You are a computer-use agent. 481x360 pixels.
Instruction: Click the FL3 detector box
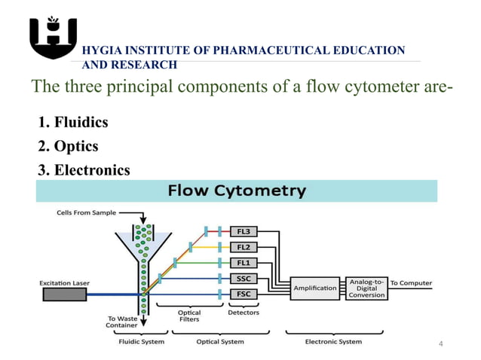243,231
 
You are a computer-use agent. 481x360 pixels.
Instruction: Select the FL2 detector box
243,246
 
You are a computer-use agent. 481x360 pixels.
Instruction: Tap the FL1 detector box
243,262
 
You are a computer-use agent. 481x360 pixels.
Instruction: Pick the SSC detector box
243,278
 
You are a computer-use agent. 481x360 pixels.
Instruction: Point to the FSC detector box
243,294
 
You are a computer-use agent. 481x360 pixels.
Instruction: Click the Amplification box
315,288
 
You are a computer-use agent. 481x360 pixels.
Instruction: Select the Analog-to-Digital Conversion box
367,288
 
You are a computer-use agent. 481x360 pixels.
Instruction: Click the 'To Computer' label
411,283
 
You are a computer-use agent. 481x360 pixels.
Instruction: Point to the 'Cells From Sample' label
87,212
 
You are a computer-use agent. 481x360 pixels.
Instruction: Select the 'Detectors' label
243,313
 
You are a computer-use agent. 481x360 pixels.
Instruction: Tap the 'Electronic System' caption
333,342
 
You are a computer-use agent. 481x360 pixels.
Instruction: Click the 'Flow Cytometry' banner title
236,191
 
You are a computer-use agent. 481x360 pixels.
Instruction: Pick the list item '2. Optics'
68,145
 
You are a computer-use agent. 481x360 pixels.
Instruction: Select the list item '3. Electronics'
83,169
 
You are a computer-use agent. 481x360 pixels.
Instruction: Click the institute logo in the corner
52,38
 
